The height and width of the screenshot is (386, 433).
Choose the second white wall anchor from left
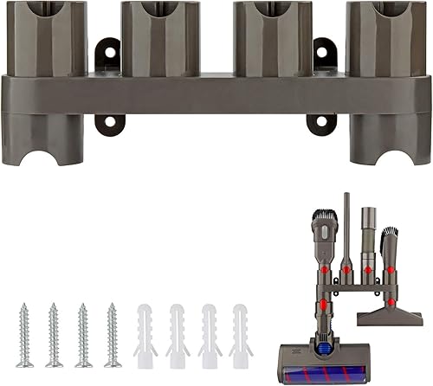pos(179,335)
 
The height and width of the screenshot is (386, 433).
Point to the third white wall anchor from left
pos(210,335)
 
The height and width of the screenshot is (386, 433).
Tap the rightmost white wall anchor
pos(240,335)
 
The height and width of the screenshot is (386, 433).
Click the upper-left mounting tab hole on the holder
pos(108,53)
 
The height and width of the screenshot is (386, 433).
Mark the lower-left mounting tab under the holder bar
pos(108,123)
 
